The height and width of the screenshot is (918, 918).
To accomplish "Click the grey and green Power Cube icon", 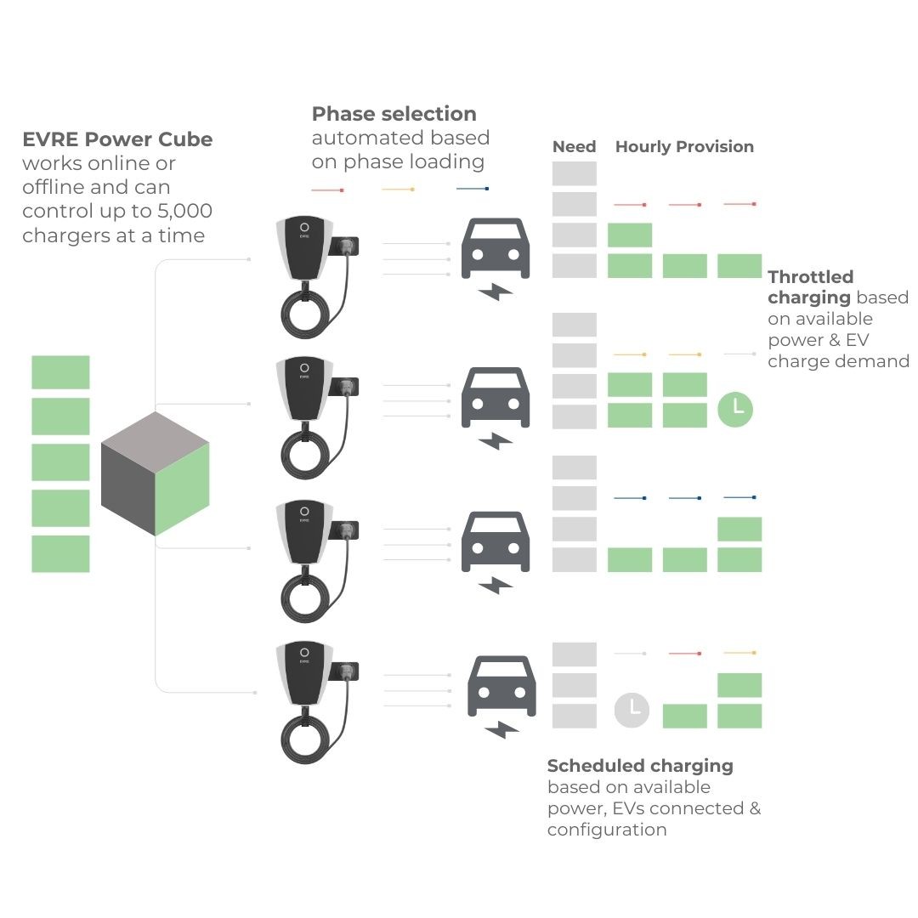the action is click(156, 473).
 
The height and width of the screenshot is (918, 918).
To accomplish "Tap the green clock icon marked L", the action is click(734, 409).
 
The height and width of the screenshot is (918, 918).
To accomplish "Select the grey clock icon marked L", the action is click(632, 710).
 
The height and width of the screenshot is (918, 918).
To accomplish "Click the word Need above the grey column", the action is click(574, 146).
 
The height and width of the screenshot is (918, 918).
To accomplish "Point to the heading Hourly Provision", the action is click(684, 146).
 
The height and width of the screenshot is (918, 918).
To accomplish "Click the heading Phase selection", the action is click(394, 114).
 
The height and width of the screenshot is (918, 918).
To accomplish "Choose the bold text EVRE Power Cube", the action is click(117, 139).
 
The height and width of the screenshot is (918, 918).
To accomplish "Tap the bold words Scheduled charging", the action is click(640, 766).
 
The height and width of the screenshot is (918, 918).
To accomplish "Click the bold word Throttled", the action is click(810, 276).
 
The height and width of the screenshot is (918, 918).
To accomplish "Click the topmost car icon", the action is click(496, 248).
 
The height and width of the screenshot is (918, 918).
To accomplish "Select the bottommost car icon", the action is click(501, 686).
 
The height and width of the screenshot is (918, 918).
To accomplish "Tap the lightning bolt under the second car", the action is click(496, 441).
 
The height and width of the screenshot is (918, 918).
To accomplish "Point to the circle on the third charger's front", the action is click(304, 511).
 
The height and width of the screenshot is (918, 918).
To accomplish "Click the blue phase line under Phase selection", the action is click(473, 189).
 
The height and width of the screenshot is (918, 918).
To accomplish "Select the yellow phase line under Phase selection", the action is click(398, 189).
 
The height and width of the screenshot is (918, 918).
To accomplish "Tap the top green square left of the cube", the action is click(60, 372).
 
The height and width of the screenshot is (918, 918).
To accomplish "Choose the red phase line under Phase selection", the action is click(327, 190).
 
